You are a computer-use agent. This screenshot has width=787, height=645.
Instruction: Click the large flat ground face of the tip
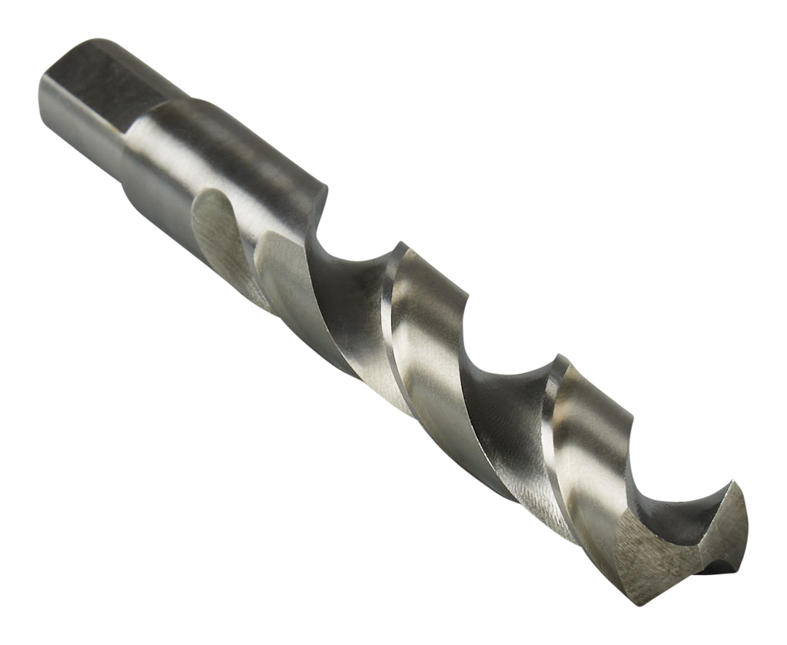point(653,554)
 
